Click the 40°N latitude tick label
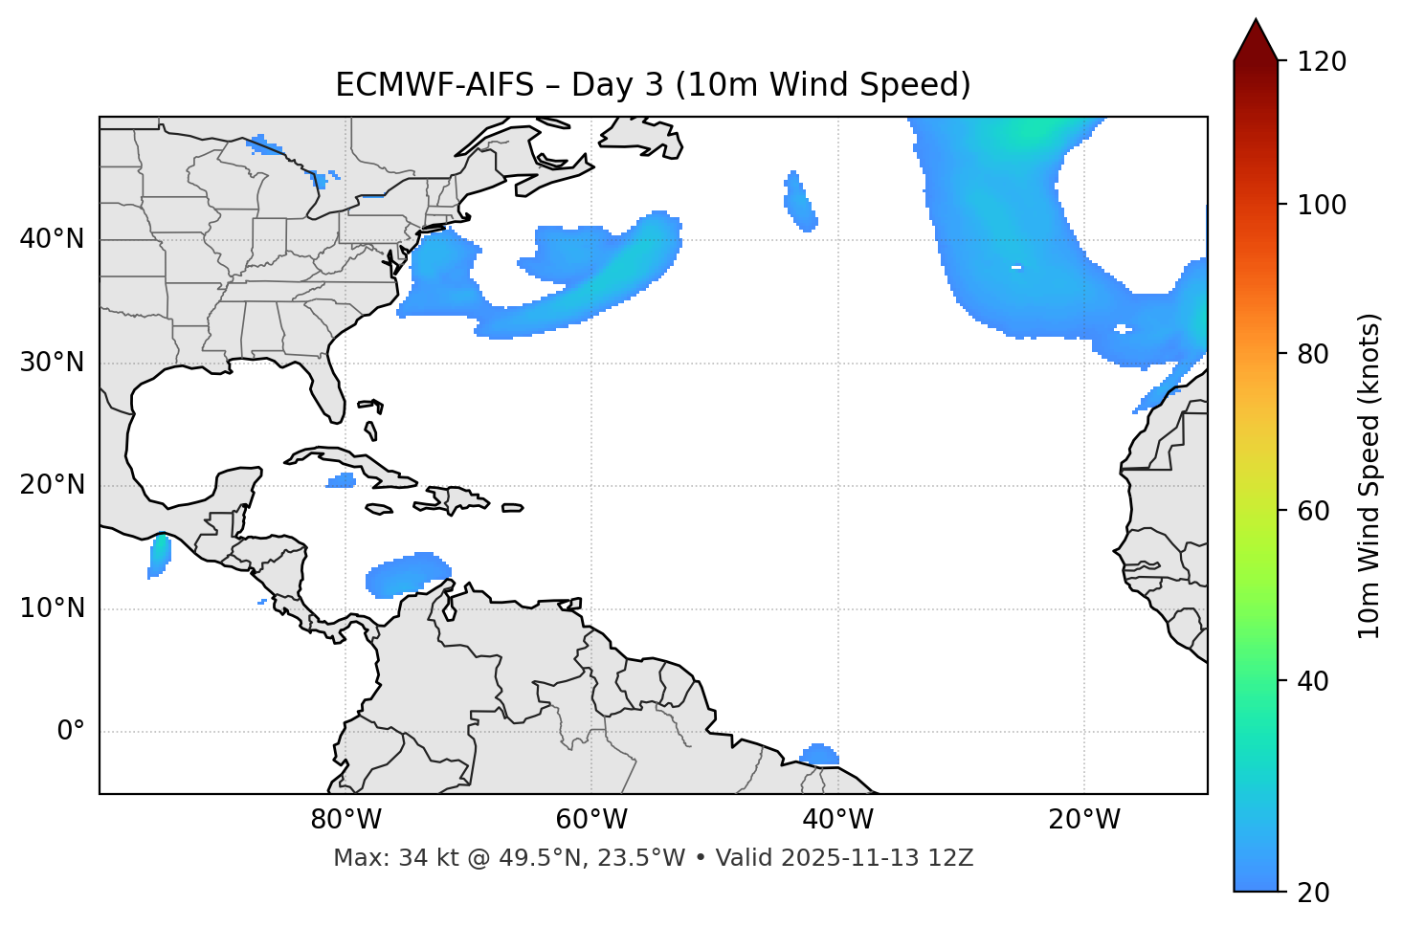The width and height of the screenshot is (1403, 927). (52, 239)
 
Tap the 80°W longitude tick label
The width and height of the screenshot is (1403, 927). (345, 820)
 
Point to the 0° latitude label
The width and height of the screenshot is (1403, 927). (71, 732)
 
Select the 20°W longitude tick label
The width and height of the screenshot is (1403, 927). (1084, 820)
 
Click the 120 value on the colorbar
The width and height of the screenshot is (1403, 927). (1322, 62)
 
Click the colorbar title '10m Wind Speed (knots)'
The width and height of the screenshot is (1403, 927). (1370, 475)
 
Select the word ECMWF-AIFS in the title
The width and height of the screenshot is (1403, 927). (434, 85)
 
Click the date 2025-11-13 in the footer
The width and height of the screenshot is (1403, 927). (849, 858)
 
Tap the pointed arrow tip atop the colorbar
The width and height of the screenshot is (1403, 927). (1256, 23)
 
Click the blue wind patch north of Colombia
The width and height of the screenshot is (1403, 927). (406, 575)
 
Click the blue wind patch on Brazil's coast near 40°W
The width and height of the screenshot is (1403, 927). (818, 756)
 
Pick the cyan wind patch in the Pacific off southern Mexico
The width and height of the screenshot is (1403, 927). (159, 555)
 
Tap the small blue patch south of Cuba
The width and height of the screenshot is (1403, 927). (342, 480)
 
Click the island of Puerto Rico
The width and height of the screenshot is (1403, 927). (512, 508)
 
